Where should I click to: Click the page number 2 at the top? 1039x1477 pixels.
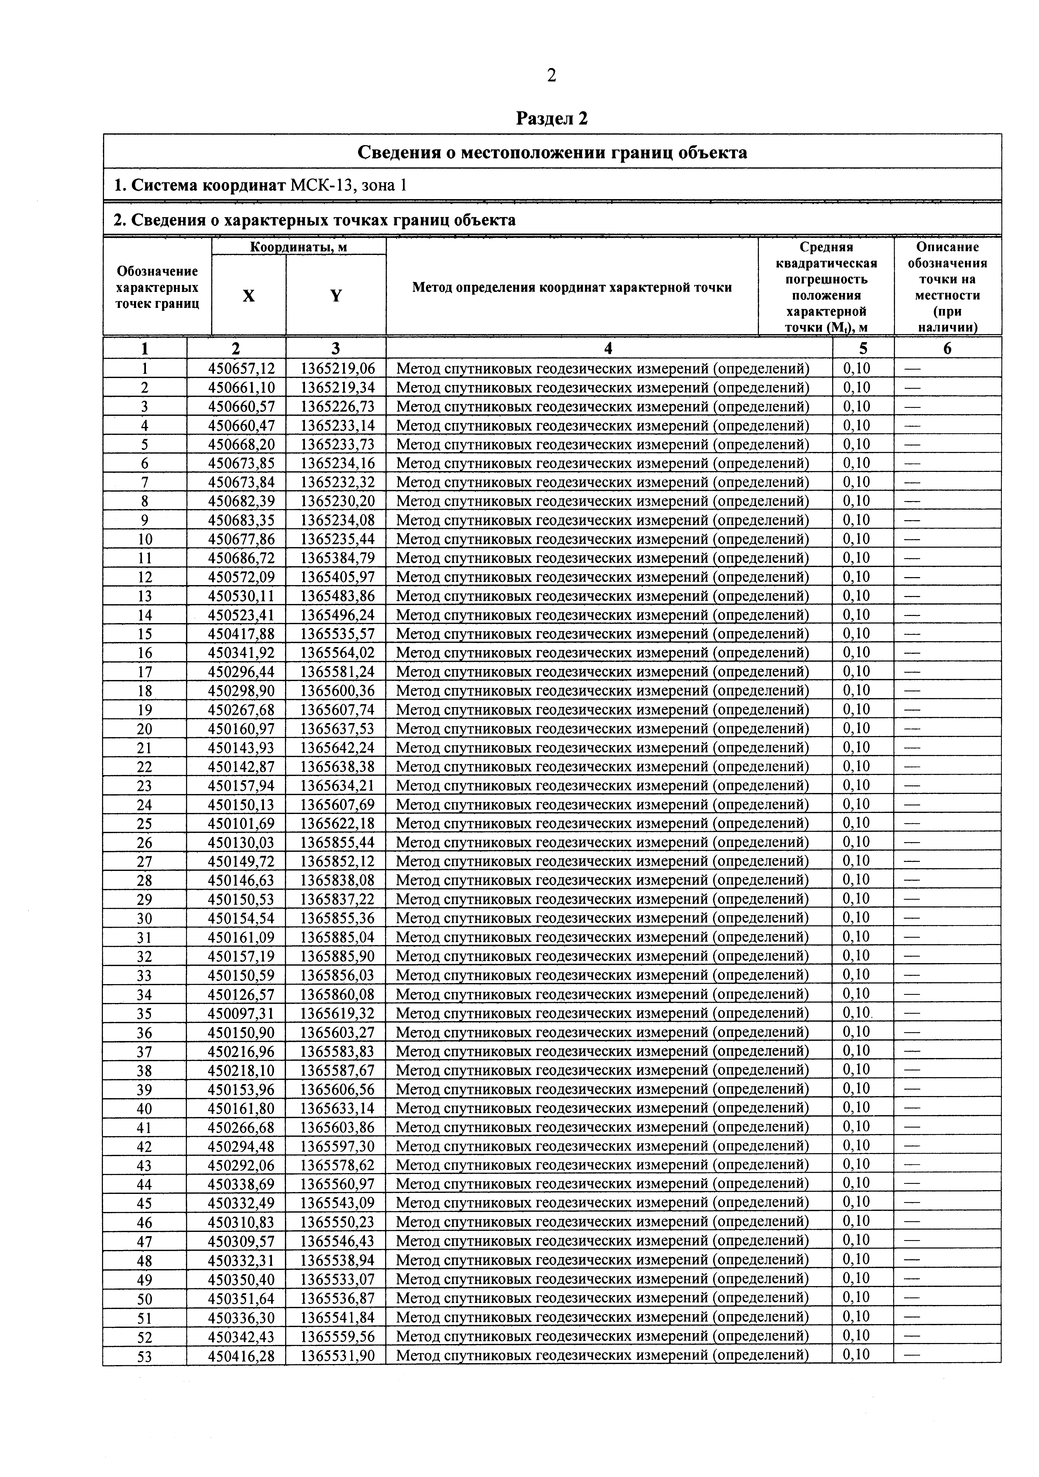(551, 76)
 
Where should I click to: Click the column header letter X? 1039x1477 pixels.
(248, 295)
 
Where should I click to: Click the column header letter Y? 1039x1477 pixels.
(336, 295)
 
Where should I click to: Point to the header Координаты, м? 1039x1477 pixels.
(299, 246)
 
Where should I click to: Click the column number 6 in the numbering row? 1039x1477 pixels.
(947, 349)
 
